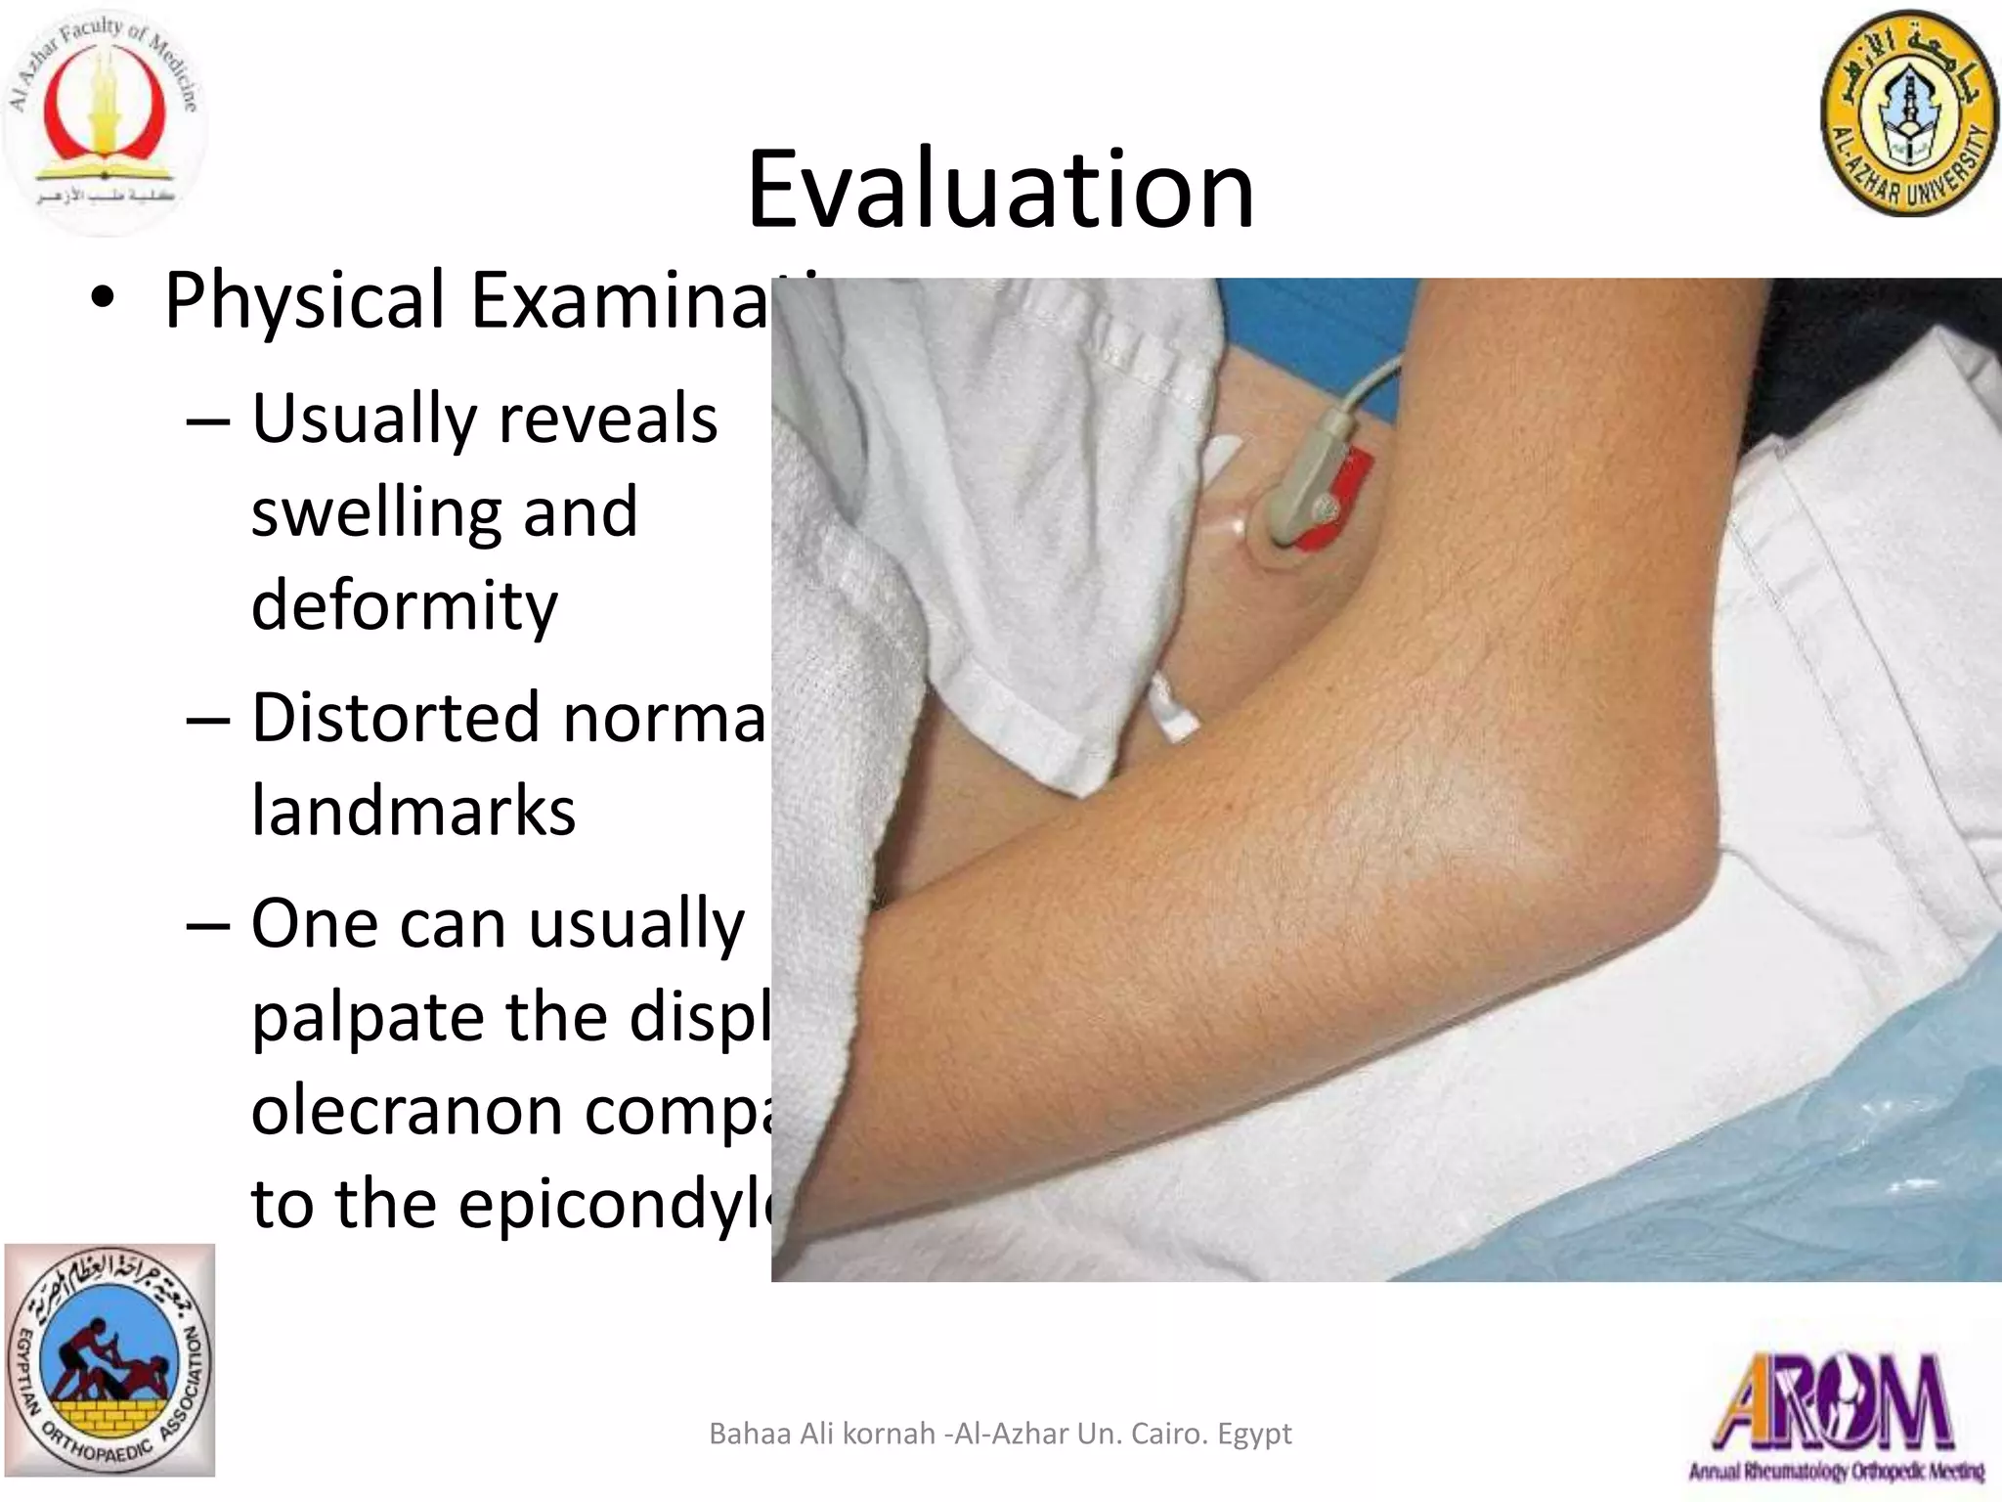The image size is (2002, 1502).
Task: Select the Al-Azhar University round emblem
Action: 1908,115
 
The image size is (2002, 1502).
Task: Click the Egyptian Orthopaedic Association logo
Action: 109,1359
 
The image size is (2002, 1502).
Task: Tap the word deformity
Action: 404,605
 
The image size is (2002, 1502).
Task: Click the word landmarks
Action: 413,811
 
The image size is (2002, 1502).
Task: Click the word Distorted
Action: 396,717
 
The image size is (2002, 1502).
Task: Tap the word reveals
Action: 608,419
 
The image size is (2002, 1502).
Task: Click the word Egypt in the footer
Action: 1254,1435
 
